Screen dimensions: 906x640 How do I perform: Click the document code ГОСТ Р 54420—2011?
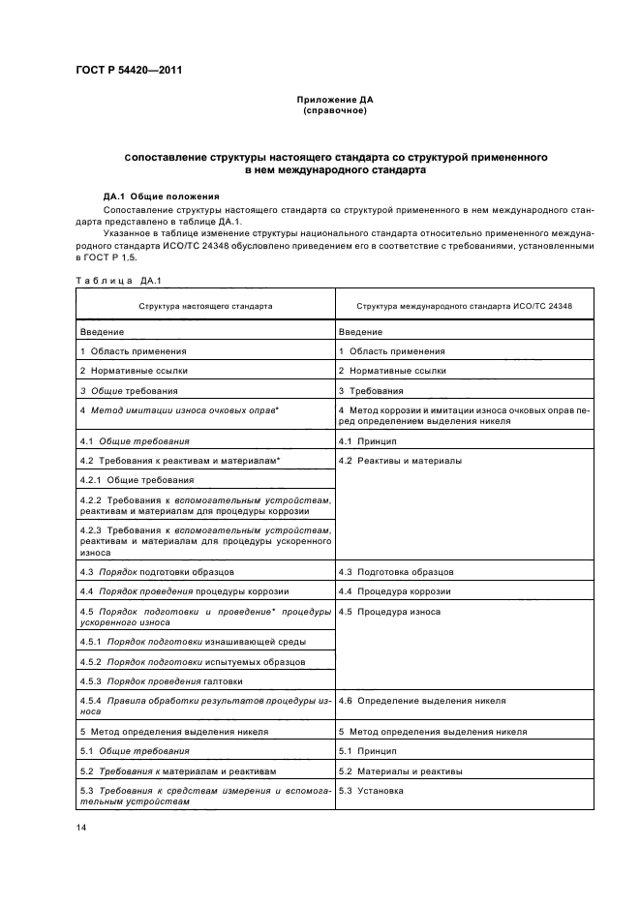pos(129,71)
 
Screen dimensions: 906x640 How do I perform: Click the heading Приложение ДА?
pos(334,100)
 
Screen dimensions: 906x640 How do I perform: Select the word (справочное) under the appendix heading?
pos(334,110)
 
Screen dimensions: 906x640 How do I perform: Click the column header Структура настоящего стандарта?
pos(204,305)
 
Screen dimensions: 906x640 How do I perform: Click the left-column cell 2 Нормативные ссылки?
pos(134,371)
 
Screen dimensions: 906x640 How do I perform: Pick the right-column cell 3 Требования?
pos(371,391)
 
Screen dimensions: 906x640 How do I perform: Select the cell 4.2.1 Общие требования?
pos(137,480)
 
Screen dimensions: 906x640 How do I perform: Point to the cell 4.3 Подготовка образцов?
pos(395,572)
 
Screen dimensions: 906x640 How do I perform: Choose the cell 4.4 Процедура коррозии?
pos(394,591)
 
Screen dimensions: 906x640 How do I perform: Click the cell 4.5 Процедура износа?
pos(389,612)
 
